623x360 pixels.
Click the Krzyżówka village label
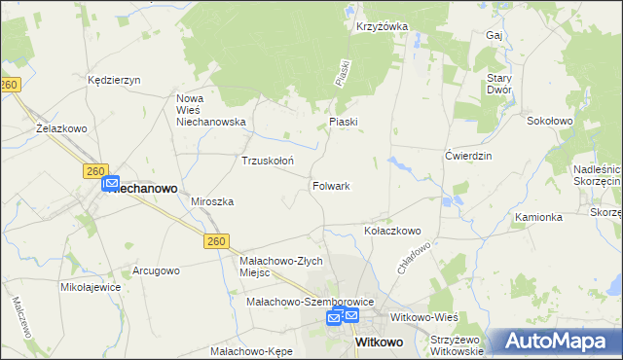tap(382, 26)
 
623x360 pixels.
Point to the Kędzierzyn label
tap(115, 80)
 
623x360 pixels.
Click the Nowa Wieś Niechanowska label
tap(210, 110)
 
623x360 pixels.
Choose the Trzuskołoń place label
tap(268, 161)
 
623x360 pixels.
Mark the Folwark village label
tap(331, 185)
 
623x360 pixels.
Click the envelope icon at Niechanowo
tap(110, 182)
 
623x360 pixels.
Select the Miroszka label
tap(212, 200)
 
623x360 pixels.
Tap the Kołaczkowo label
tap(391, 232)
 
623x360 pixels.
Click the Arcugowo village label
tap(157, 270)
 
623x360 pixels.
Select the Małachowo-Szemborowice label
tap(303, 304)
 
